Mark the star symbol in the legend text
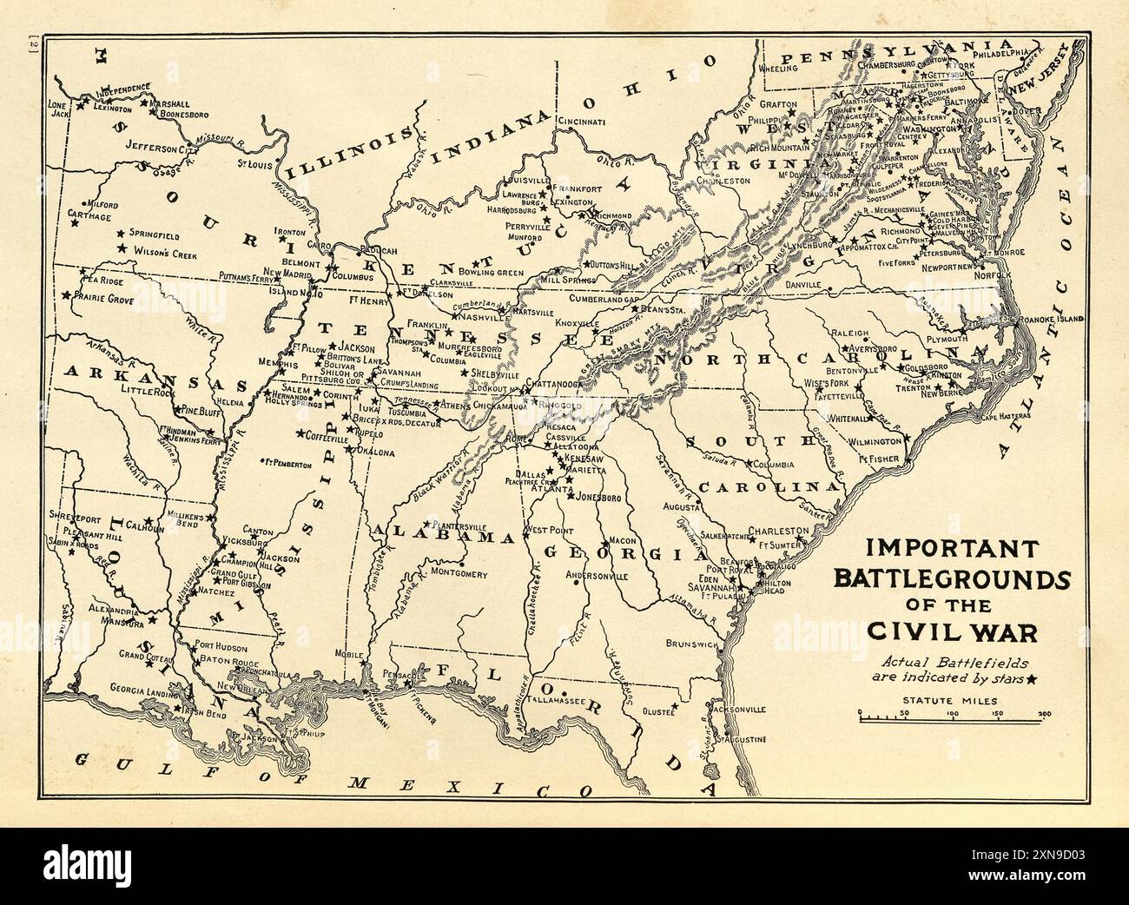click(x=1031, y=678)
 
